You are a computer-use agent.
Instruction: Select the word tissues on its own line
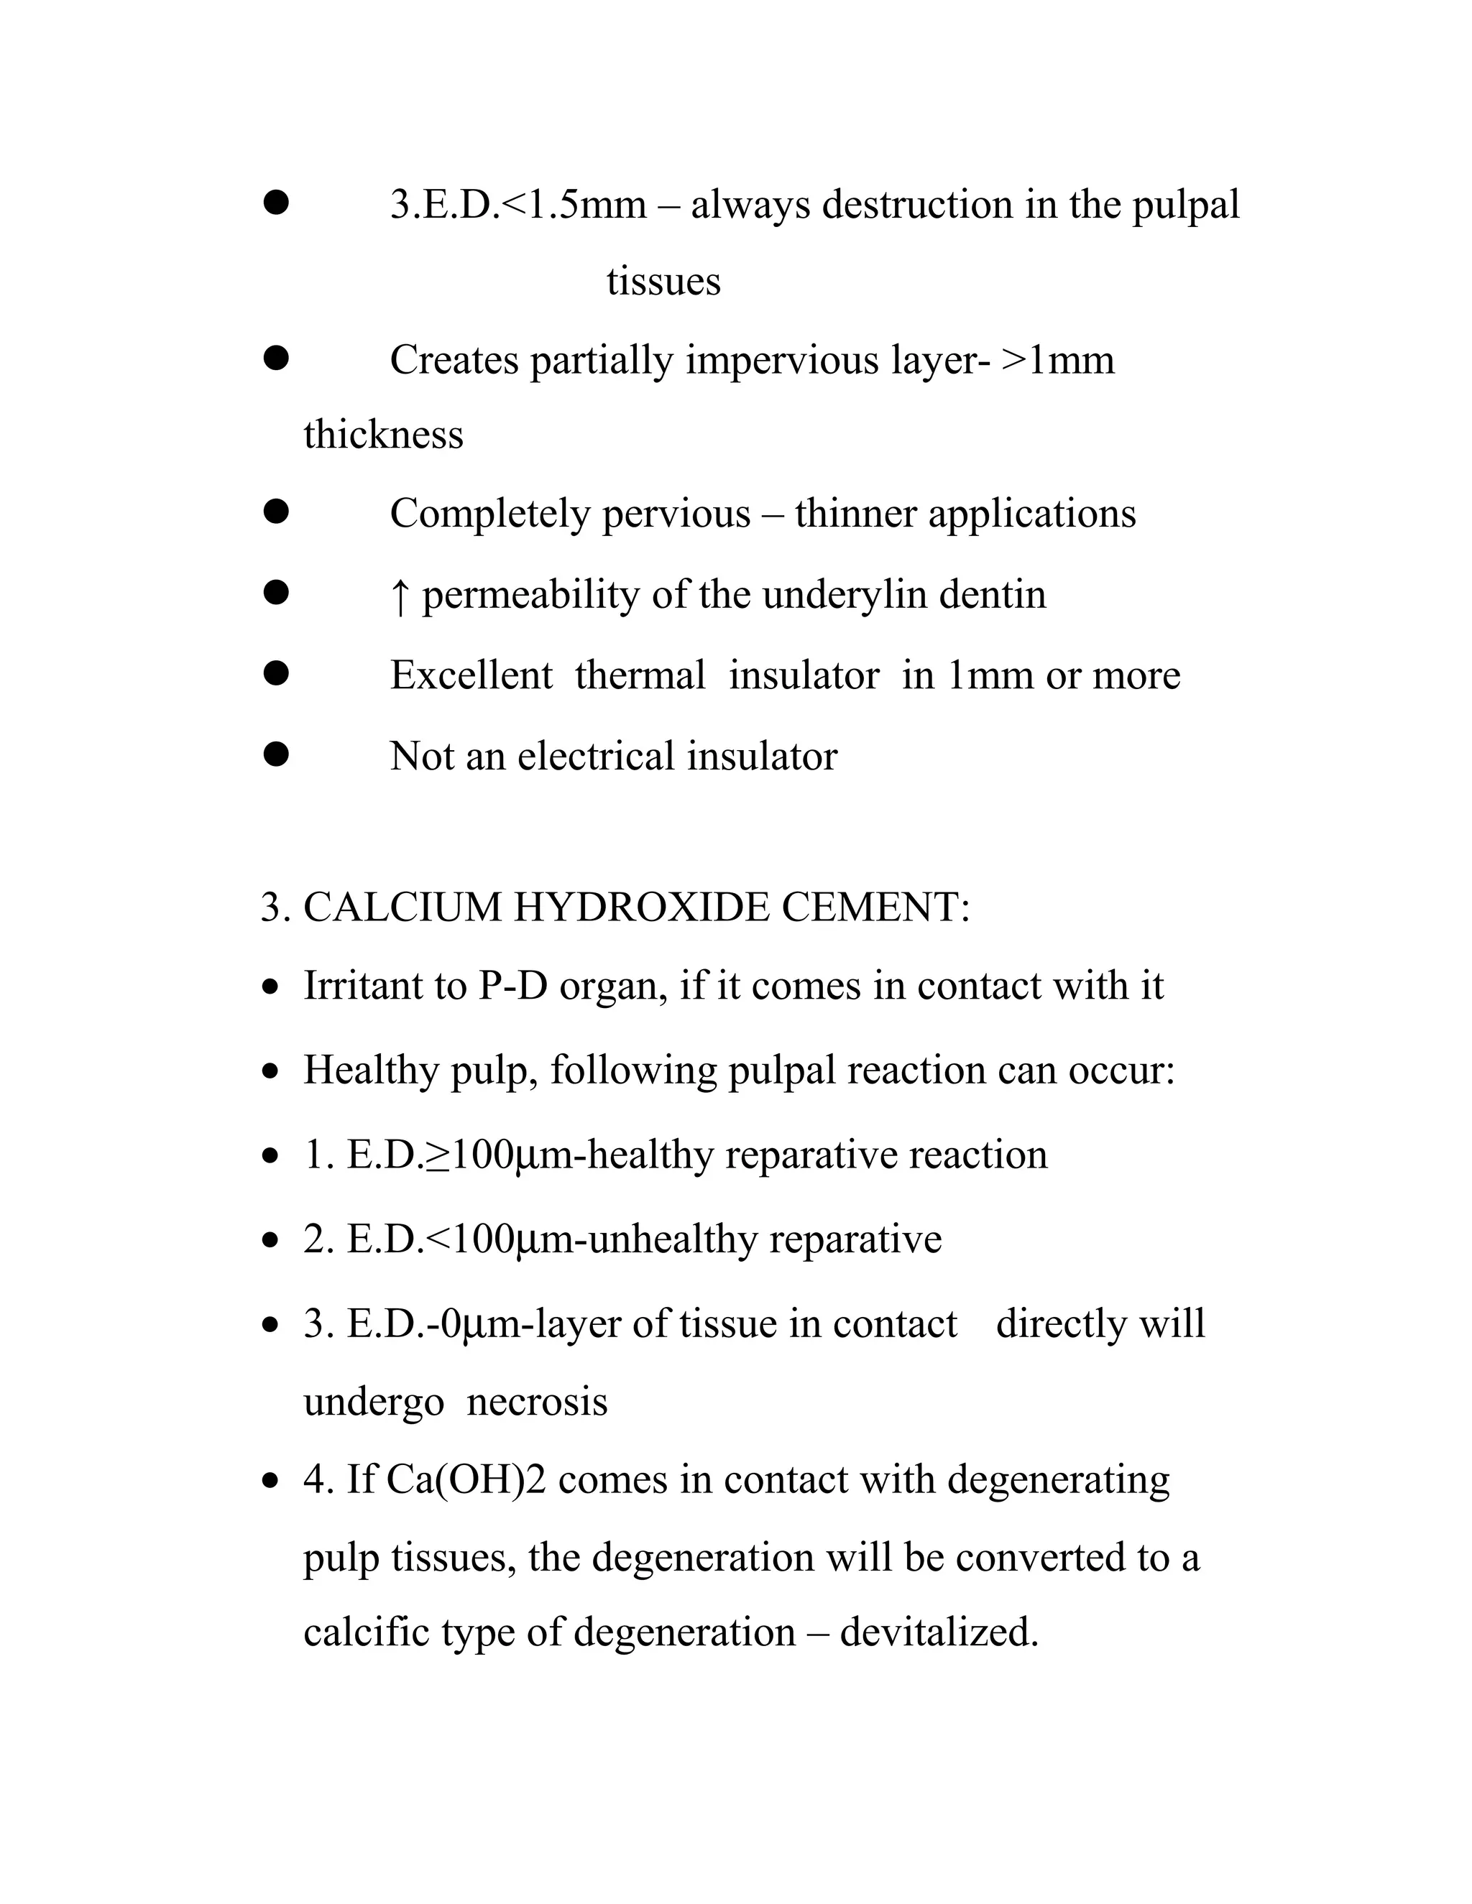click(x=663, y=282)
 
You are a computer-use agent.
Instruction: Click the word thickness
click(x=383, y=434)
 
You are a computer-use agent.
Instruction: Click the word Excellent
click(x=471, y=675)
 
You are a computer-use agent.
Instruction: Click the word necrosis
click(x=536, y=1402)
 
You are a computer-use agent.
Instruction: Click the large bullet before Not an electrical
click(x=275, y=754)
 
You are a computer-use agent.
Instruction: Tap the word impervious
click(x=781, y=360)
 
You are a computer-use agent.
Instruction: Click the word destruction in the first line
click(x=916, y=205)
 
